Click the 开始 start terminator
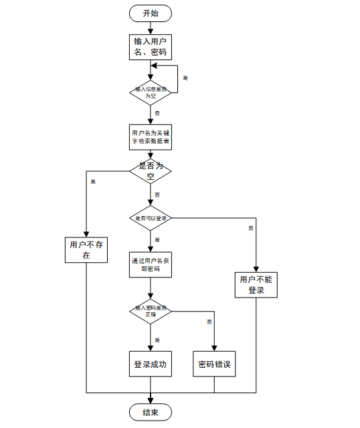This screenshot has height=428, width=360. pos(150,13)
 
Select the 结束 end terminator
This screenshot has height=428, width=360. pos(150,412)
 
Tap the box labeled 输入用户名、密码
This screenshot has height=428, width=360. pos(150,47)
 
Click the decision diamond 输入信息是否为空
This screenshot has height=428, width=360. pos(150,92)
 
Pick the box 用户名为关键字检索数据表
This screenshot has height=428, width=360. pos(150,136)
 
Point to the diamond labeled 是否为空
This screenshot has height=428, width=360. pos(150,171)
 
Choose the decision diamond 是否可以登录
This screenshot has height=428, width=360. pos(150,218)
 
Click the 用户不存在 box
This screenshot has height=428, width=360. pos(86,250)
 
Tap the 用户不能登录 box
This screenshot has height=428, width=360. pos(256,285)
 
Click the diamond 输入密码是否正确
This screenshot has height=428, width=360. pos(150,311)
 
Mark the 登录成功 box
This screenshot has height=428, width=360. pos(150,364)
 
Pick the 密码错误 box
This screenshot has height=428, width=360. pos(214,364)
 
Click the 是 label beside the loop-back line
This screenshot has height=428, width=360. pos(185,78)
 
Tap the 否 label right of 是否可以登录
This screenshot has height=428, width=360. pos(251,229)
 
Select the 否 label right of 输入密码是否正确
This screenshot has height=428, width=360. pos(209,322)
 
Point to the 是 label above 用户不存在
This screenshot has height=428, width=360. pos(92,182)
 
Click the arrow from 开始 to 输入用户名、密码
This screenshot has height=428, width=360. pos(150,27)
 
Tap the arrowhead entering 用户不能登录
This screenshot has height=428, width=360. pos(256,269)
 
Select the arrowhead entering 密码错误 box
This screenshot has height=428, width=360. pos(214,348)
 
